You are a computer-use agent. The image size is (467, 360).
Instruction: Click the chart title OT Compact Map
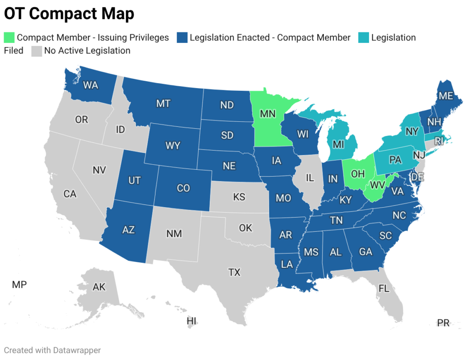[x=69, y=14]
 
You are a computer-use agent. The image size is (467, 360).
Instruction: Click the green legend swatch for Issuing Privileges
[x=9, y=37]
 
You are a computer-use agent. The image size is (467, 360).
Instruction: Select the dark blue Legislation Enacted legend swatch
[x=182, y=37]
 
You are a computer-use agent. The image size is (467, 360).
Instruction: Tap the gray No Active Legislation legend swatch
[x=36, y=51]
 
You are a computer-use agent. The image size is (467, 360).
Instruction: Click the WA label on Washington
[x=91, y=84]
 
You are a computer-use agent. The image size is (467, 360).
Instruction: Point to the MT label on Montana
[x=163, y=104]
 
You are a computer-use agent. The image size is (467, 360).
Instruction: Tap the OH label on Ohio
[x=358, y=173]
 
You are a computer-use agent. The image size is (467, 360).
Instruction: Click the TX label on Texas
[x=234, y=272]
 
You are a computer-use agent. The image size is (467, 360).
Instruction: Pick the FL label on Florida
[x=384, y=288]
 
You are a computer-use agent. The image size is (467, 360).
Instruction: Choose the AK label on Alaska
[x=99, y=287]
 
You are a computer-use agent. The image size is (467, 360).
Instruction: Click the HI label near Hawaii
[x=192, y=321]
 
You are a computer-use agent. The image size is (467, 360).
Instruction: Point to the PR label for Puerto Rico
[x=443, y=323]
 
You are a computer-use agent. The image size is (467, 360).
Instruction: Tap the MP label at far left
[x=19, y=285]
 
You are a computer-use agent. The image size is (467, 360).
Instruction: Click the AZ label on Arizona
[x=129, y=230]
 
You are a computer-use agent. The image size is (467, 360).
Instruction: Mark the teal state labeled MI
[x=338, y=145]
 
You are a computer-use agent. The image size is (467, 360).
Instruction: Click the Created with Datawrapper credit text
[x=52, y=350]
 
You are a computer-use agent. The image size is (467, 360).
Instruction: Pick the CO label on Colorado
[x=183, y=188]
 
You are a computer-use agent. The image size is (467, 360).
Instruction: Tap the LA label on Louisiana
[x=286, y=264]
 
